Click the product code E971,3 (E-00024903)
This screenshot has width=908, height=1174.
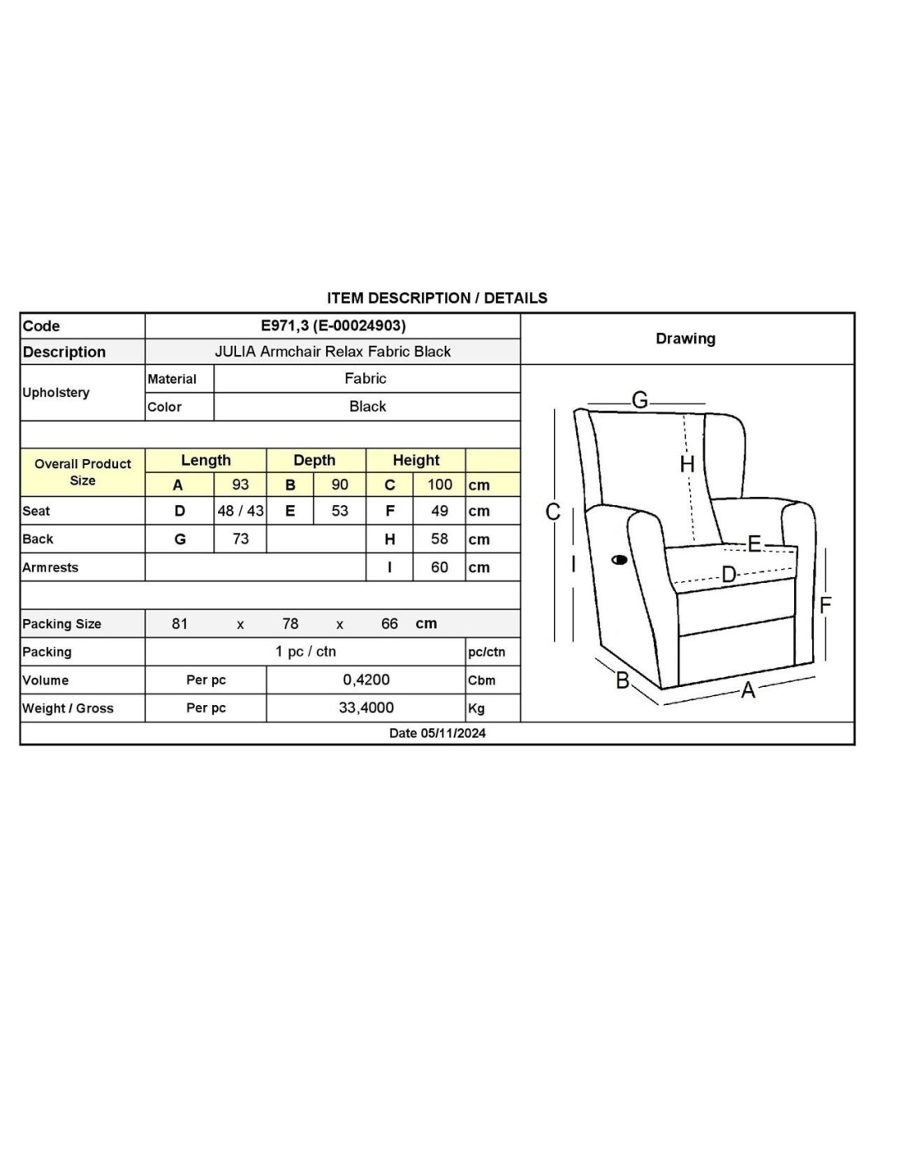pyautogui.click(x=333, y=325)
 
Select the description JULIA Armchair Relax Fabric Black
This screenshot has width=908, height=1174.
pyautogui.click(x=333, y=352)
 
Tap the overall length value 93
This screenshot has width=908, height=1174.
pyautogui.click(x=240, y=485)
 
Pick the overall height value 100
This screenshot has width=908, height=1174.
pyautogui.click(x=439, y=485)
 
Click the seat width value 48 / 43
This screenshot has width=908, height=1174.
pyautogui.click(x=240, y=511)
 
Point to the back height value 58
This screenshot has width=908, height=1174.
pyautogui.click(x=439, y=539)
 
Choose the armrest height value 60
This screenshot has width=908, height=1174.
pyautogui.click(x=439, y=567)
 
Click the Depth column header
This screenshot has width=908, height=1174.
pyautogui.click(x=314, y=461)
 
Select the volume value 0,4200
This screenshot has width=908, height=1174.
pyautogui.click(x=366, y=679)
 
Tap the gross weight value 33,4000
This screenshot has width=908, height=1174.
pyautogui.click(x=366, y=708)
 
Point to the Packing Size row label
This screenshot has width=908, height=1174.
pyautogui.click(x=62, y=624)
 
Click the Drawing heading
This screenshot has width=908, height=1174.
pyautogui.click(x=685, y=338)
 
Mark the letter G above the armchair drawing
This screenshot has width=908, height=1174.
pyautogui.click(x=640, y=400)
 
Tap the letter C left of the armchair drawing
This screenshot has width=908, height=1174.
pyautogui.click(x=553, y=513)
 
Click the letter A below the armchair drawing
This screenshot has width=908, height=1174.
pyautogui.click(x=748, y=690)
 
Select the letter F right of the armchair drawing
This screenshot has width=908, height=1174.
pyautogui.click(x=825, y=606)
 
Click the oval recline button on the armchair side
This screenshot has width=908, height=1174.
pyautogui.click(x=619, y=560)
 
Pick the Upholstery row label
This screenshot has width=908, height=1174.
pyautogui.click(x=56, y=392)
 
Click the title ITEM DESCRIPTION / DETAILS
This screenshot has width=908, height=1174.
pyautogui.click(x=437, y=298)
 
